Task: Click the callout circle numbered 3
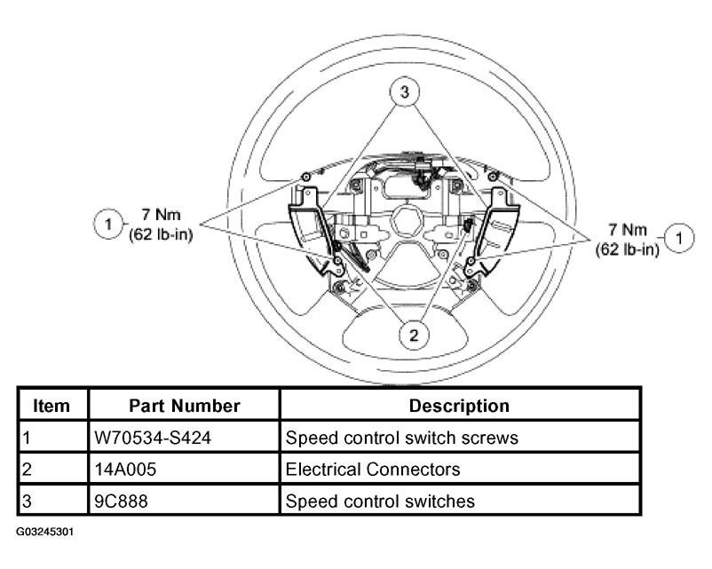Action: coord(404,92)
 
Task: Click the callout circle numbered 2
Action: coord(413,335)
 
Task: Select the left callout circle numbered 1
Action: coord(107,224)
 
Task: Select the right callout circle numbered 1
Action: coord(679,237)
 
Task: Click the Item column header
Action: coord(52,406)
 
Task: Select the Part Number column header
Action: coord(185,406)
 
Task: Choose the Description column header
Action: coord(459,406)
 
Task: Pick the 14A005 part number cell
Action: coord(124,469)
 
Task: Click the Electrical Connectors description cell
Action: coord(373,469)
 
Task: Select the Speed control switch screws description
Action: coord(401,438)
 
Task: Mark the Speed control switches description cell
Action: coord(380,501)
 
